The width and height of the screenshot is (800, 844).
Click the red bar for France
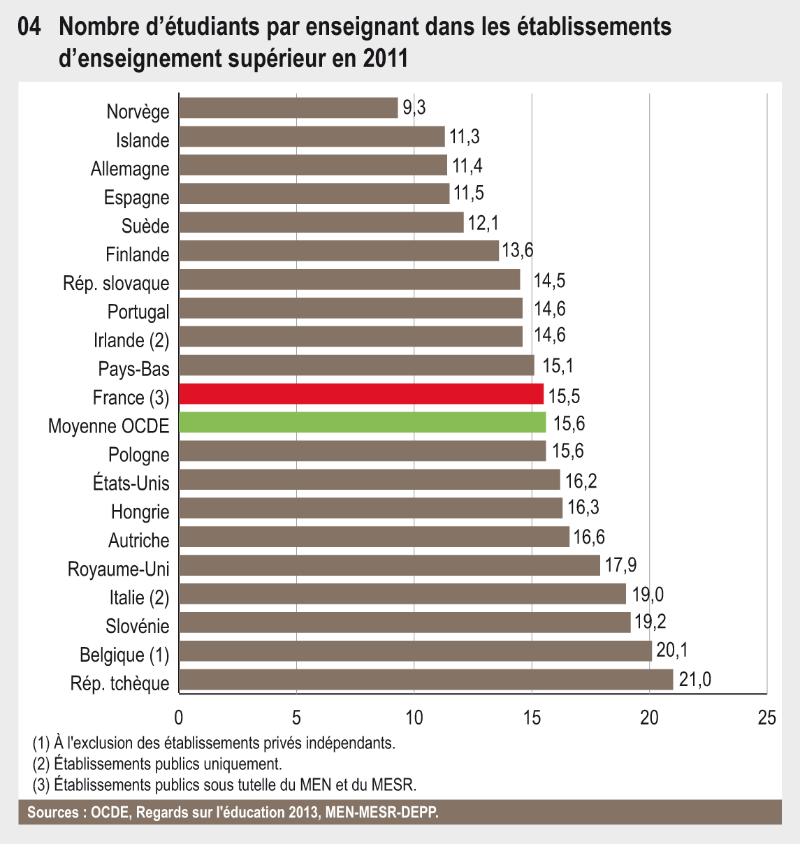point(361,394)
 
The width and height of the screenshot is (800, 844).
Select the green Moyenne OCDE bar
point(362,423)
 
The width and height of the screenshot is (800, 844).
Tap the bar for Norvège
point(288,108)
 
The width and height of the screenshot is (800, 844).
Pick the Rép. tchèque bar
point(426,679)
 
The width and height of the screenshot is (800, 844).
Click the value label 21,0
point(694,679)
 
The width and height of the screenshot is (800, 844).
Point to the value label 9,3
point(414,108)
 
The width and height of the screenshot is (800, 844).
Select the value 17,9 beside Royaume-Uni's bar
point(620,565)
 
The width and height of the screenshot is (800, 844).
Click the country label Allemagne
point(130,169)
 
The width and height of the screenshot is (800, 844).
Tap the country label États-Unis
point(131,483)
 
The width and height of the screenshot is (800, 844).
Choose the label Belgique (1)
point(124,655)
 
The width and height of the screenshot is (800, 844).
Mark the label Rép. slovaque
point(116,283)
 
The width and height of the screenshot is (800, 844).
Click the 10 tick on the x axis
point(414,718)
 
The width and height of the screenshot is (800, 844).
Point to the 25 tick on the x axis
point(766,718)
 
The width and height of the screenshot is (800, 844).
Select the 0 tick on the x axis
point(179,718)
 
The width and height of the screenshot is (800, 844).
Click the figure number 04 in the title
point(30,27)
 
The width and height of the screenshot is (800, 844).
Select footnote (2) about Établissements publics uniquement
point(157,764)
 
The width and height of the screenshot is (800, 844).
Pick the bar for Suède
point(321,222)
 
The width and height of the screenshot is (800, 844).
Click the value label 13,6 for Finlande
point(518,250)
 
